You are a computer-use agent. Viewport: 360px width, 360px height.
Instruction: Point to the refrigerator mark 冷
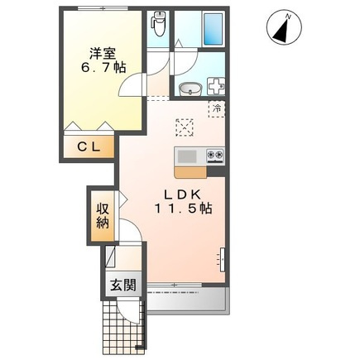217,108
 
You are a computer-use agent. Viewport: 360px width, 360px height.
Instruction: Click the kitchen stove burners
214,155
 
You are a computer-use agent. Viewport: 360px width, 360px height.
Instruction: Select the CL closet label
89,146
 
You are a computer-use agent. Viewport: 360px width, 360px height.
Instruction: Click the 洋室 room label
103,54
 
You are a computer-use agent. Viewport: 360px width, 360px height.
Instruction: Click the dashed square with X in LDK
185,126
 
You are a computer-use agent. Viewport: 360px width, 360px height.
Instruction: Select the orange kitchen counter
190,171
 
